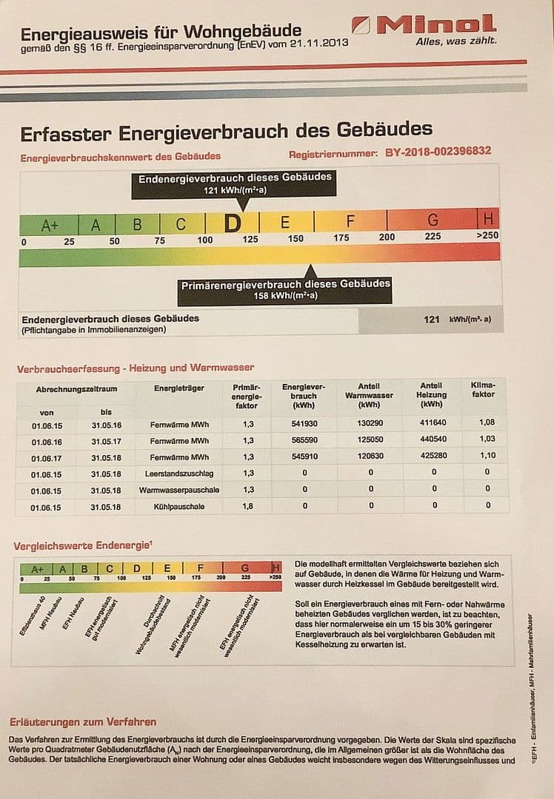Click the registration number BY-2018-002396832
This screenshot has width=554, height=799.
438,152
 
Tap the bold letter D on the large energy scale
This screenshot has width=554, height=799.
233,223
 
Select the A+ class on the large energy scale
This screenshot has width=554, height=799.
50,225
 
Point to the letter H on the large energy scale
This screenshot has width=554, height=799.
488,219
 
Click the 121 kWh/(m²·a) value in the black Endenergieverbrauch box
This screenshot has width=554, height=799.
233,190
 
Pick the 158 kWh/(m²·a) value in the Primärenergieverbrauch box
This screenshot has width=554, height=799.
285,295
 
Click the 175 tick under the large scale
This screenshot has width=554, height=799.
341,238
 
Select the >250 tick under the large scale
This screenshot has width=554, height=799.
487,235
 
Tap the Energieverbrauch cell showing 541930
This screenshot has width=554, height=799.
304,423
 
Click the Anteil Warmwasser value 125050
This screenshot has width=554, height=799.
370,440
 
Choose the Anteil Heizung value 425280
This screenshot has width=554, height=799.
433,456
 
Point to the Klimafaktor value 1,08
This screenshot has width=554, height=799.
487,422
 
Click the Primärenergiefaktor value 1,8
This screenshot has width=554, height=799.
249,507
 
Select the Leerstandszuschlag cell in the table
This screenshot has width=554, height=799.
178,473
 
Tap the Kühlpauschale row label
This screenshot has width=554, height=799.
178,507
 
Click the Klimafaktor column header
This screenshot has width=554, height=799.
483,390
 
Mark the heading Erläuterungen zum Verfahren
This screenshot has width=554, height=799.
82,721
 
